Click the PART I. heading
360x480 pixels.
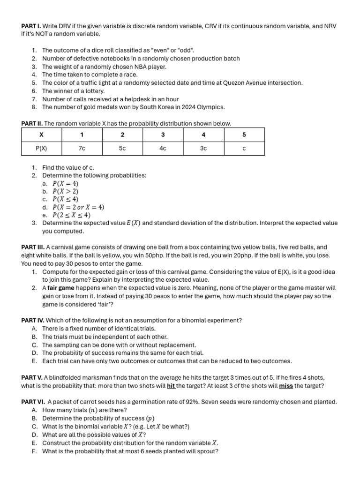point(31,26)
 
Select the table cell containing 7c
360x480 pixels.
point(82,148)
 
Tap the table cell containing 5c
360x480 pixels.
point(122,148)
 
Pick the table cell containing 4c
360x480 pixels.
point(163,148)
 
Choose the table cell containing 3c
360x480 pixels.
point(203,148)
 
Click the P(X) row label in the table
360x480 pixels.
point(41,148)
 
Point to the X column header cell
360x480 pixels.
point(41,135)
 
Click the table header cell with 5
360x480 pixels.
point(244,135)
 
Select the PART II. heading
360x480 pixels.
point(32,123)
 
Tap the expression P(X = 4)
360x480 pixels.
point(66,184)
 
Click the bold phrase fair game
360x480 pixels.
point(61,288)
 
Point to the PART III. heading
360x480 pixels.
point(33,247)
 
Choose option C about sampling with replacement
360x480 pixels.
point(119,345)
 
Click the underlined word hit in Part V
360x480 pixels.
point(171,386)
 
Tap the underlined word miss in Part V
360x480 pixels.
point(286,386)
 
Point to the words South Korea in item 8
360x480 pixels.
point(145,107)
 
